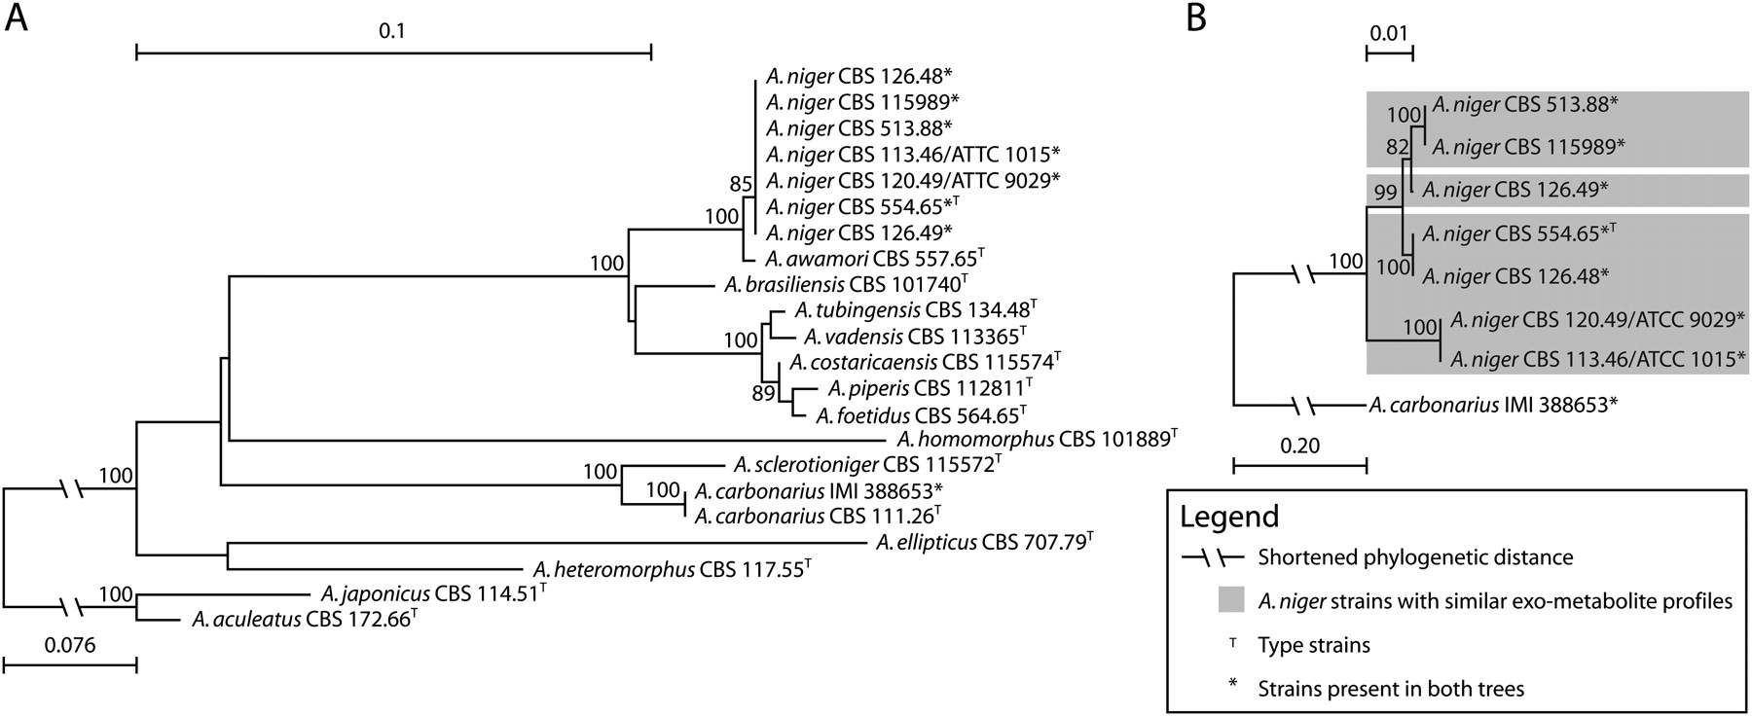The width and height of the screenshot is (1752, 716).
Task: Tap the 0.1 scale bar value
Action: [392, 30]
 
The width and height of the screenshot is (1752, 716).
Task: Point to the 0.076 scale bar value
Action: [69, 645]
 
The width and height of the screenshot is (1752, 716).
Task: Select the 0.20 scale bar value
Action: [1299, 447]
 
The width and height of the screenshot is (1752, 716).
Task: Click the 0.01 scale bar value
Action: [1389, 33]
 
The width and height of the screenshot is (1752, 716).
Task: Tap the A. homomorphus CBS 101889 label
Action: [1038, 439]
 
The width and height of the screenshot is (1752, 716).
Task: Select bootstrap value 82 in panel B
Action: [1398, 147]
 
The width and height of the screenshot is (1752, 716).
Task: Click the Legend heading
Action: [1229, 516]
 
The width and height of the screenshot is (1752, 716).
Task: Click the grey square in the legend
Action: [1231, 600]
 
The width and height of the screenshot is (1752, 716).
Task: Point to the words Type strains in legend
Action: [1314, 645]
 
